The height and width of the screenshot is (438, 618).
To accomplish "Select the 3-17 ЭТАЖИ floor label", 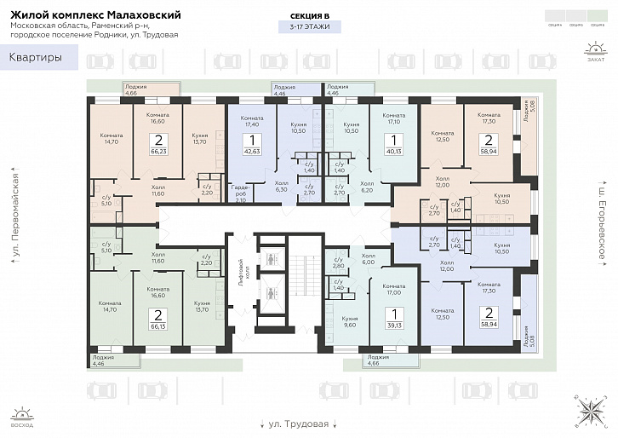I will (x=310, y=27).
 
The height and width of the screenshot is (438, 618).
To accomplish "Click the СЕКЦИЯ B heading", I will (x=310, y=14).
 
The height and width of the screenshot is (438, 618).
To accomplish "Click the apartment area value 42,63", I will (x=252, y=150).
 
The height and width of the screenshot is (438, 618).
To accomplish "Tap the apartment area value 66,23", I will (x=157, y=150).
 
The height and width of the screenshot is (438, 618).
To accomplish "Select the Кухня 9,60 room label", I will (x=350, y=321).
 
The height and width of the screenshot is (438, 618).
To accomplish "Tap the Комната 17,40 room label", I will (x=252, y=120).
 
